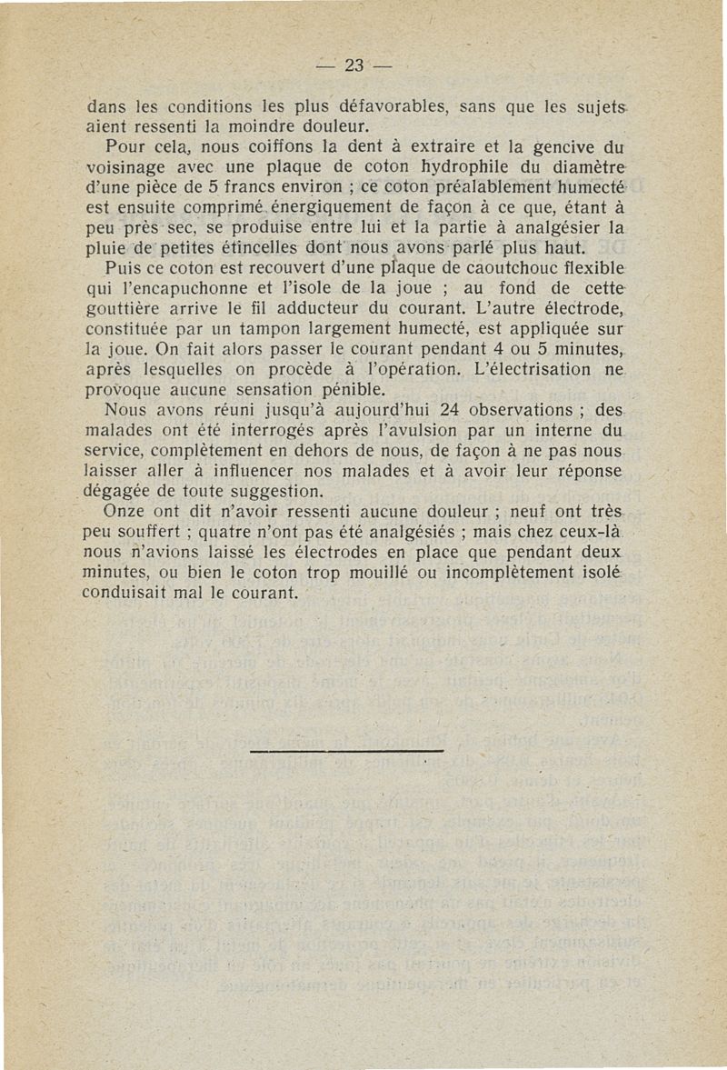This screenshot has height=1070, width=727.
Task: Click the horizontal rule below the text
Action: (344, 751)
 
